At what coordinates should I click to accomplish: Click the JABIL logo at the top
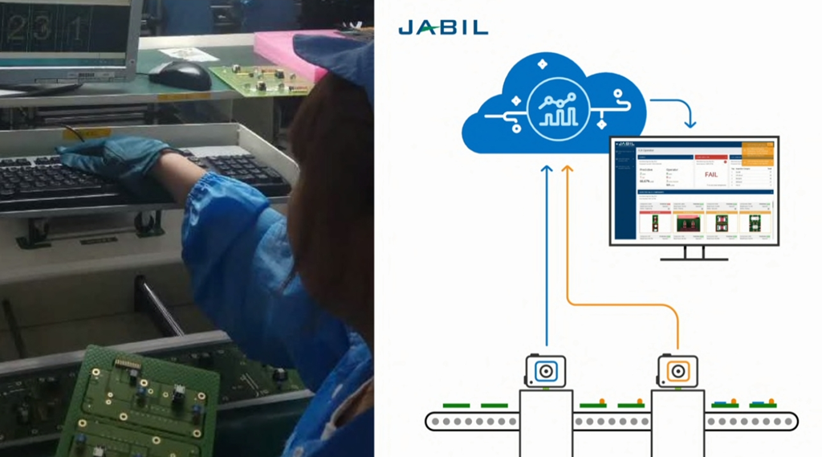(x=442, y=28)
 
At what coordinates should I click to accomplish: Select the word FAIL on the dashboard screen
(x=710, y=173)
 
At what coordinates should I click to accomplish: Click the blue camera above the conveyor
(x=546, y=371)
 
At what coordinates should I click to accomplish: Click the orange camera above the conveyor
(x=678, y=371)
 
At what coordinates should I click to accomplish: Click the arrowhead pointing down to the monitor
(x=690, y=124)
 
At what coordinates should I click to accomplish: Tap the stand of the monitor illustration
(x=694, y=252)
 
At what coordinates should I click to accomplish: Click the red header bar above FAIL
(x=710, y=157)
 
